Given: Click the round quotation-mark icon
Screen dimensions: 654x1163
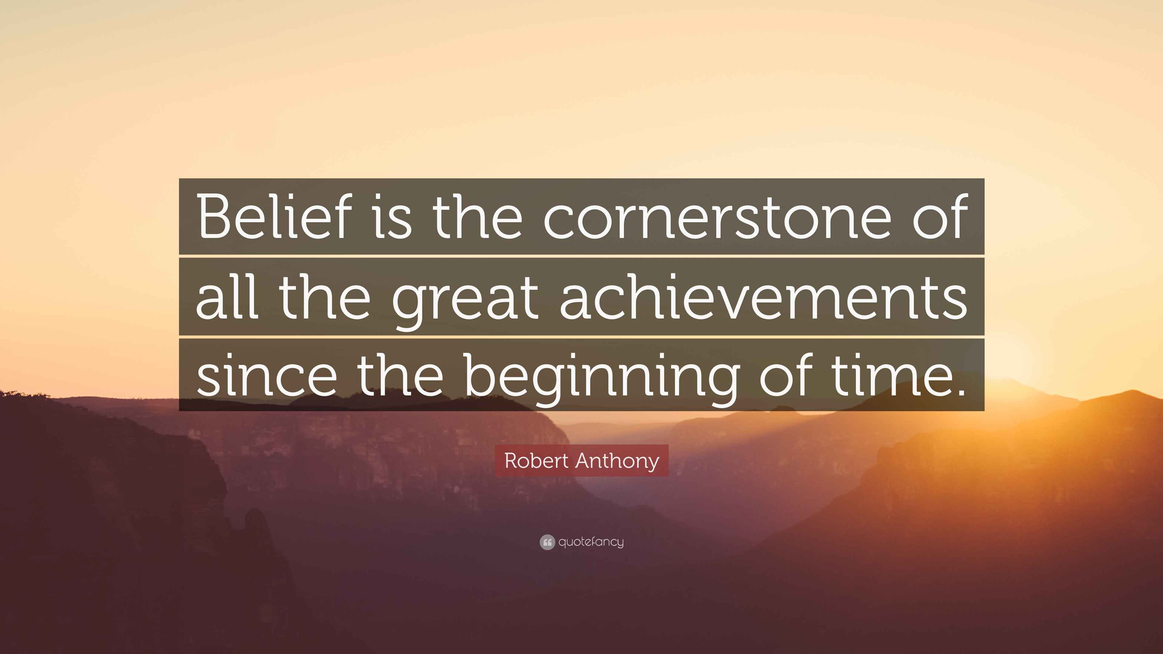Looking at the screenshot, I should tap(547, 542).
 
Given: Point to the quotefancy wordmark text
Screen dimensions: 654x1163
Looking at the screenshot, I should tap(591, 542).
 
